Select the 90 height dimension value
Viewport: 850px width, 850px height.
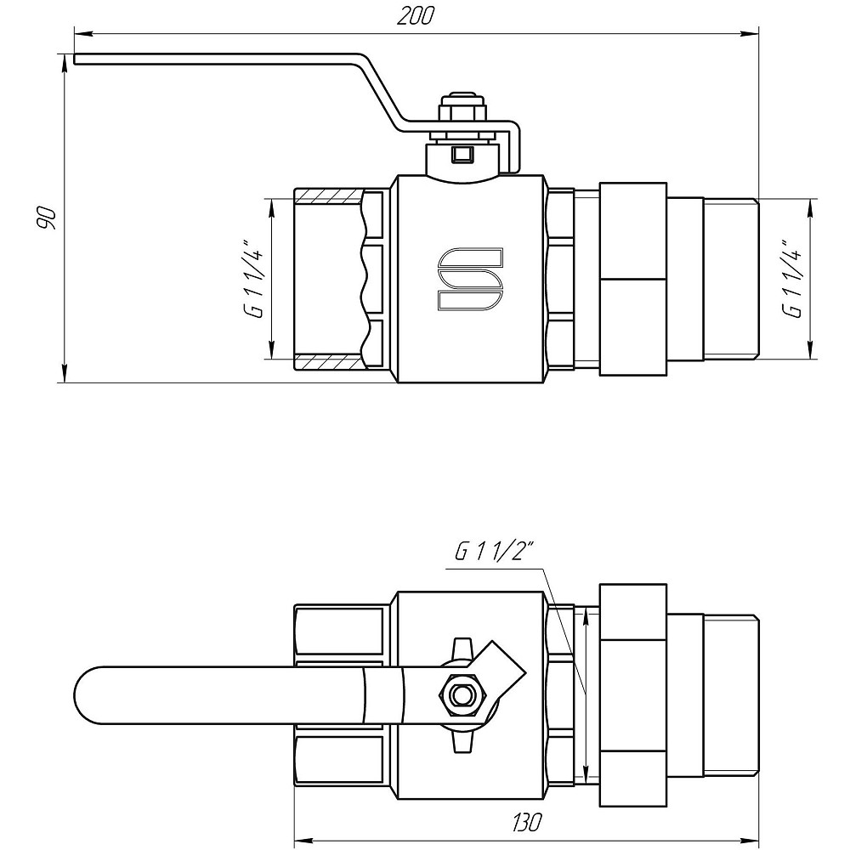pos(47,218)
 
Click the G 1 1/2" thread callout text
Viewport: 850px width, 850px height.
pos(493,552)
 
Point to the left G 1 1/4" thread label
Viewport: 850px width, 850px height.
pos(252,280)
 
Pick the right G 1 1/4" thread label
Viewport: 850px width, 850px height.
pos(792,280)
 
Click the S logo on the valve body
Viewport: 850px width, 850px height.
pos(470,280)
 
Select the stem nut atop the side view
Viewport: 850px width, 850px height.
pos(462,111)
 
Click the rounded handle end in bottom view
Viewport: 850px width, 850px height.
pos(93,696)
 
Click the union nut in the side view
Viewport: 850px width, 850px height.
pos(633,278)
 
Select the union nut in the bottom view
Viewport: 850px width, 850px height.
pos(633,694)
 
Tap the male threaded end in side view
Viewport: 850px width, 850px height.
pos(731,278)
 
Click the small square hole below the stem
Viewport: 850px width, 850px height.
pos(462,154)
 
